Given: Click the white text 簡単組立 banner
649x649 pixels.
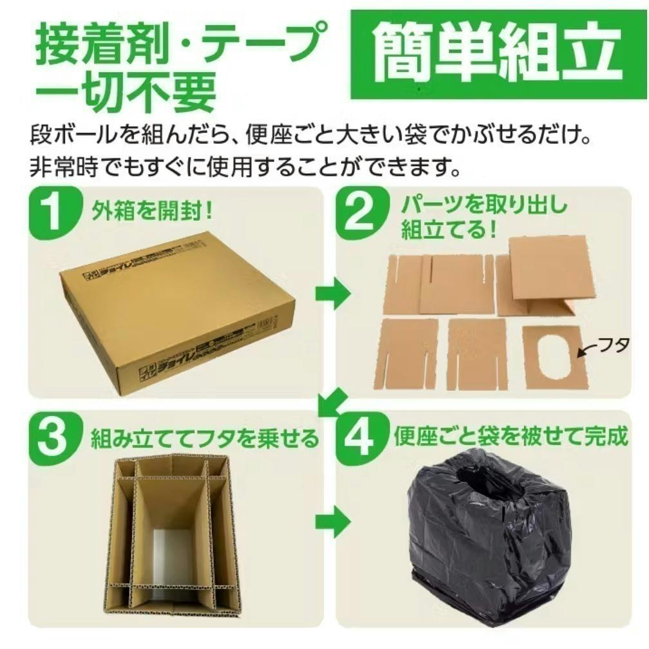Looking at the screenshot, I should [x=496, y=53].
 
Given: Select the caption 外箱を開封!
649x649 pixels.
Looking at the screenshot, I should [x=152, y=211].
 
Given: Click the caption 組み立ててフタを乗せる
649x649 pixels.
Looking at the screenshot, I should [x=205, y=439].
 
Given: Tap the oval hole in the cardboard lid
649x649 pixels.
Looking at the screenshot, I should [x=555, y=355].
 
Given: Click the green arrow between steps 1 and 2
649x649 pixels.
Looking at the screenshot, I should [x=332, y=294].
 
